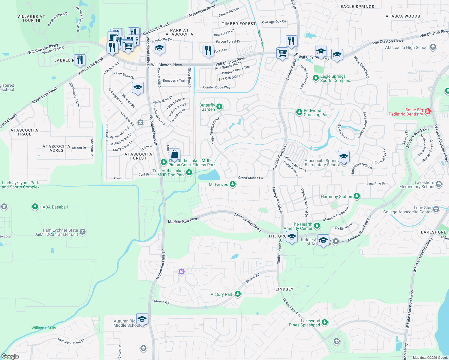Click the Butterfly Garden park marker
pos(219,107)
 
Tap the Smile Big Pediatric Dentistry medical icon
pos(428,112)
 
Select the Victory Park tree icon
pos(238,294)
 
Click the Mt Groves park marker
pos(233,184)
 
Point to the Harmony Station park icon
pos(357,196)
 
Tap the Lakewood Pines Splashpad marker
pos(324,322)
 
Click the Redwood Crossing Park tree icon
pos(299,112)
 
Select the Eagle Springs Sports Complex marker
pos(315,78)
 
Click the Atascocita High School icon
pos(433,47)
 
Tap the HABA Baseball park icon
pos(35,207)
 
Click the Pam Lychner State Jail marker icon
pos(83,232)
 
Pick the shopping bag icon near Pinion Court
pos(174,154)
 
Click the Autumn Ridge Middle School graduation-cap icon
pos(142,319)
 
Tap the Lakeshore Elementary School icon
pos(439,184)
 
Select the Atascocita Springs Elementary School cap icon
pos(344,157)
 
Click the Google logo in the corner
pos(10,356)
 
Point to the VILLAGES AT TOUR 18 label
pos(31,19)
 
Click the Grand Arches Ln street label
pos(250,178)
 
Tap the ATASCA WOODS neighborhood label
pos(403,16)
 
